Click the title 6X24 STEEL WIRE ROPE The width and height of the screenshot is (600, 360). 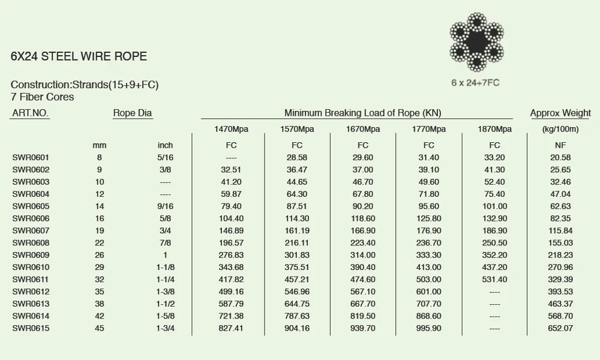[x=79, y=57]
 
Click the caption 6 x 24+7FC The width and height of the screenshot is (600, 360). [x=475, y=83]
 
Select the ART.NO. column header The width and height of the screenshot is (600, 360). [x=31, y=113]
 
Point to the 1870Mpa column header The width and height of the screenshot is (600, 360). [x=494, y=129]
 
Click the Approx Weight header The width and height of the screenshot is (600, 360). [x=560, y=113]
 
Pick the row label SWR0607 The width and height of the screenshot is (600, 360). [x=31, y=230]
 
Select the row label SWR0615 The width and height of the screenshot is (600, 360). [x=31, y=328]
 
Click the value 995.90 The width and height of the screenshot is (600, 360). [x=428, y=328]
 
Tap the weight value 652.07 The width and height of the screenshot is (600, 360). [x=560, y=328]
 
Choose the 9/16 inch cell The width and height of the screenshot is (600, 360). [x=165, y=206]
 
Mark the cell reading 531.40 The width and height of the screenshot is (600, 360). [x=494, y=280]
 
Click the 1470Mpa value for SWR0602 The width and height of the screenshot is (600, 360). [x=231, y=170]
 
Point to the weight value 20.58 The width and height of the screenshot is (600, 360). [x=560, y=157]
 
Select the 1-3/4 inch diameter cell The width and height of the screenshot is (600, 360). [x=165, y=328]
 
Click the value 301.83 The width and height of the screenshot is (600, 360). [x=297, y=255]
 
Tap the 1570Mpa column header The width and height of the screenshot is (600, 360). [x=297, y=129]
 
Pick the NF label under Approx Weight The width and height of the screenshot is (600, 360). [x=560, y=145]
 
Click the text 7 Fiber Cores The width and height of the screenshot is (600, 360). [x=42, y=97]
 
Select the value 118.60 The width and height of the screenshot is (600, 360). [x=362, y=218]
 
